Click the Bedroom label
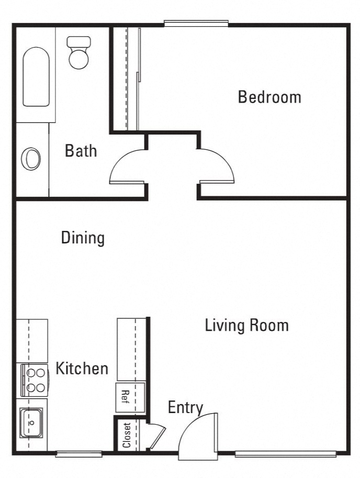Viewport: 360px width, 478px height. pyautogui.click(x=269, y=97)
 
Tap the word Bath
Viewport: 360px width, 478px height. pyautogui.click(x=81, y=151)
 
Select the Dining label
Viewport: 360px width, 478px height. pyautogui.click(x=83, y=238)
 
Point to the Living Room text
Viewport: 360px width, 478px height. pyautogui.click(x=246, y=325)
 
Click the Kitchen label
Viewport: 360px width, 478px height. pyautogui.click(x=82, y=368)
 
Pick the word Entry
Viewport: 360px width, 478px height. pyautogui.click(x=185, y=407)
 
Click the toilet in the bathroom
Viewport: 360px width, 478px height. pyautogui.click(x=79, y=52)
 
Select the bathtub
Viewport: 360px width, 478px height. pyautogui.click(x=36, y=77)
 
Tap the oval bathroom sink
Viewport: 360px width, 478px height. pyautogui.click(x=31, y=158)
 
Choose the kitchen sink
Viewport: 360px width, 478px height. pyautogui.click(x=31, y=422)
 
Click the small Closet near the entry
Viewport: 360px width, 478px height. pyautogui.click(x=126, y=435)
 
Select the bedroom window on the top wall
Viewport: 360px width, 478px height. pyautogui.click(x=196, y=23)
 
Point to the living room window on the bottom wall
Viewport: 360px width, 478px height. pyautogui.click(x=285, y=453)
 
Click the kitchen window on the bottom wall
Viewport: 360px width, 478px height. pyautogui.click(x=78, y=453)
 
